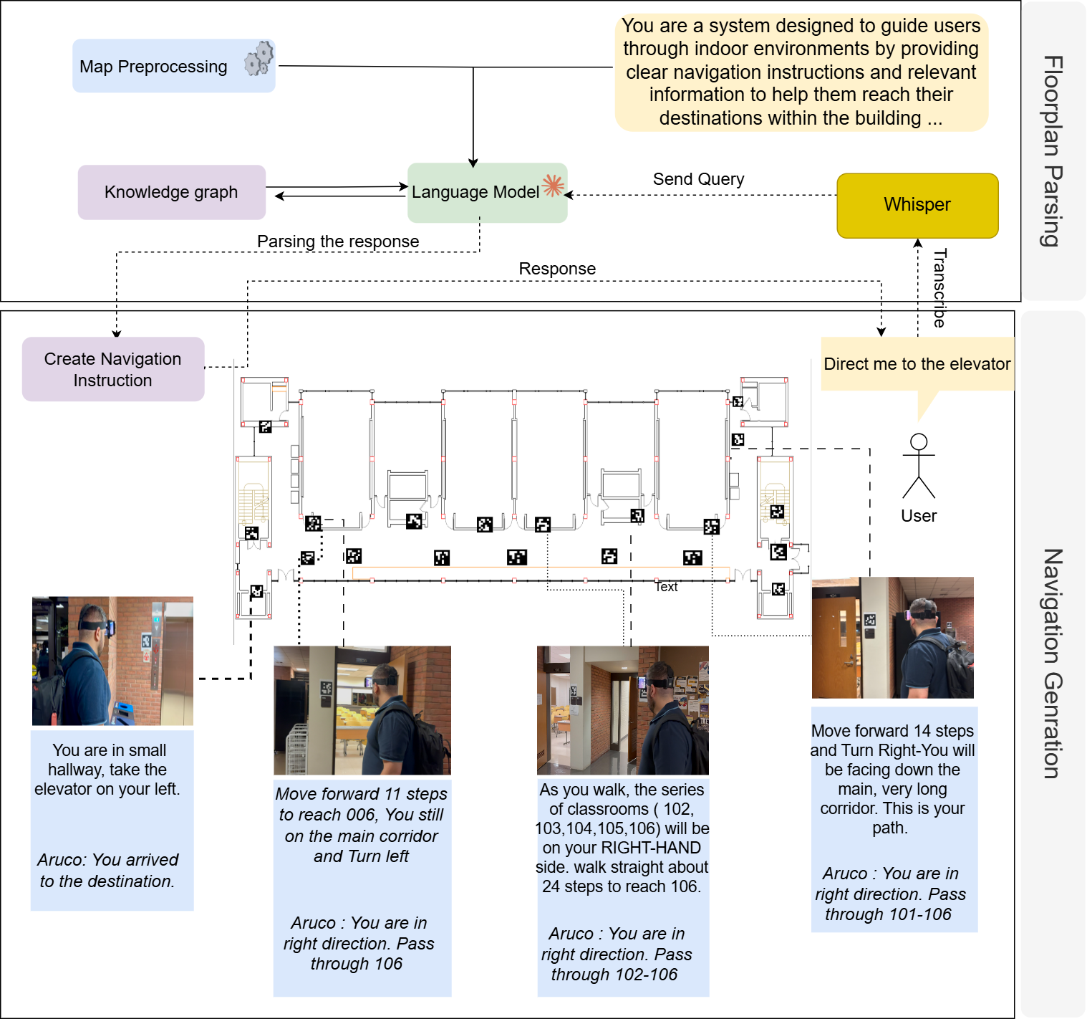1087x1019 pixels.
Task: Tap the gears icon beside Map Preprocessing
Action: (259, 58)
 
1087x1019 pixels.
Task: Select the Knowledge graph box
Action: (171, 192)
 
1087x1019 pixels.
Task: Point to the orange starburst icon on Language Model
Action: (553, 186)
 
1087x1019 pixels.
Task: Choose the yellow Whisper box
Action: (917, 205)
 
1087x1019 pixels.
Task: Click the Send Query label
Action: (698, 179)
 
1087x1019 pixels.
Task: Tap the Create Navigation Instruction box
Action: (113, 369)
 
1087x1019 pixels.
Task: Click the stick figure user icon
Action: (919, 467)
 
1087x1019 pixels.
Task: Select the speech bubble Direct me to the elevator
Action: (917, 364)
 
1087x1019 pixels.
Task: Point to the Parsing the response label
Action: (338, 241)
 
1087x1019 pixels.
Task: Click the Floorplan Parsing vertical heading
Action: (1051, 150)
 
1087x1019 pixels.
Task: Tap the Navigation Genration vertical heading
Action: (1051, 663)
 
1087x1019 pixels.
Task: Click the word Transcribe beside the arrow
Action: (939, 287)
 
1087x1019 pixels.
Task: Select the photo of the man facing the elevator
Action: (112, 661)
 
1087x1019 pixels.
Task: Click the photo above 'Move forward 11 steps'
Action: (362, 710)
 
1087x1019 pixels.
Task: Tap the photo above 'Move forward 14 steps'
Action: (892, 637)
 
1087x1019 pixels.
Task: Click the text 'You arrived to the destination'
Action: (107, 871)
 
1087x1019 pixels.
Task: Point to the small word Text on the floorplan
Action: (666, 587)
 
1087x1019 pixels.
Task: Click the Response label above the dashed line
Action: (557, 269)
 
